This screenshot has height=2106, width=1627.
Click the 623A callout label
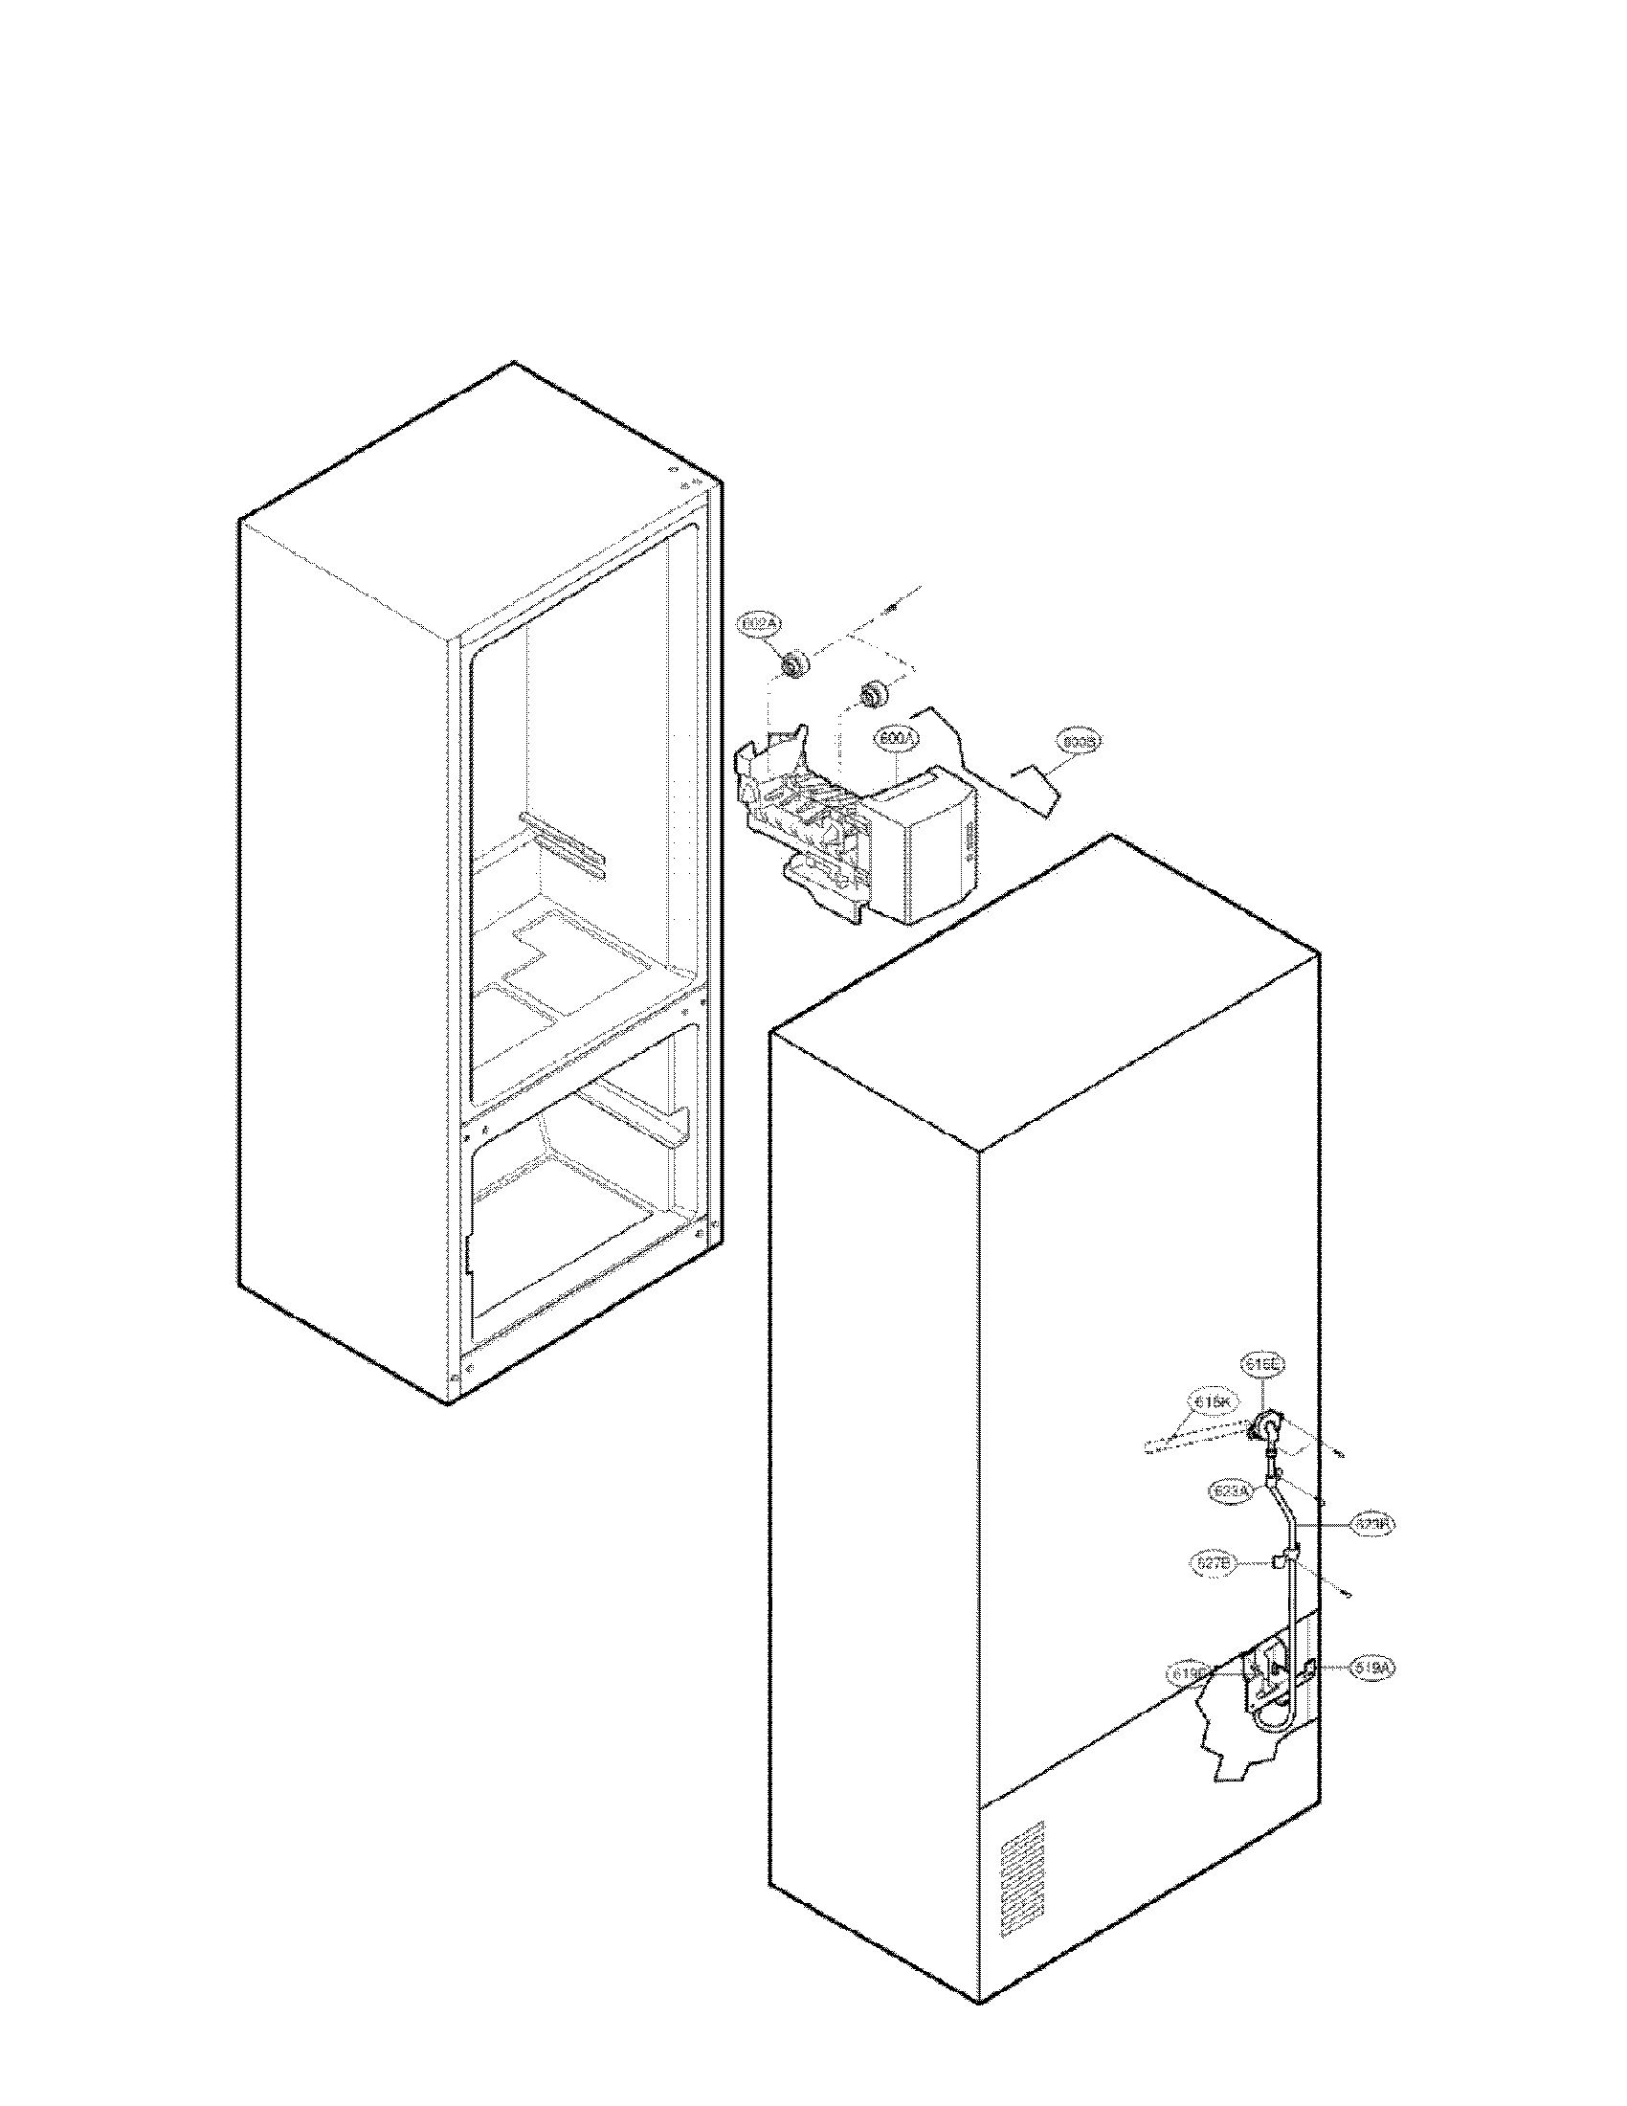tap(1229, 1490)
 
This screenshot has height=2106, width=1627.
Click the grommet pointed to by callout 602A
tap(795, 664)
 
